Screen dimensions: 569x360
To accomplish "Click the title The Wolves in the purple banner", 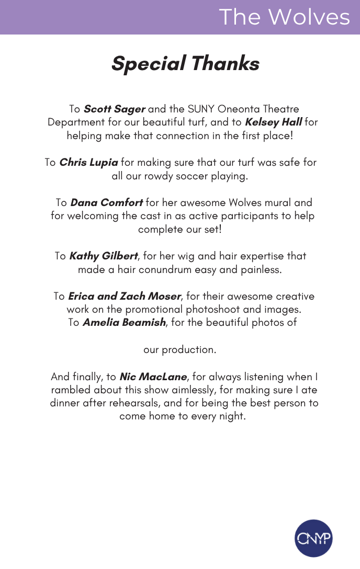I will click(284, 17).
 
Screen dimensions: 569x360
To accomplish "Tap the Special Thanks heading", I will click(185, 64).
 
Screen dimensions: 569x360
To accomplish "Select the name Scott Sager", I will click(114, 109).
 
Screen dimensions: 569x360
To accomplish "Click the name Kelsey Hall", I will click(273, 122).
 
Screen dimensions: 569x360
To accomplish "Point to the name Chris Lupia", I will click(88, 163).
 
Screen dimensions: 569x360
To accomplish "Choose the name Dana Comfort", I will click(106, 202).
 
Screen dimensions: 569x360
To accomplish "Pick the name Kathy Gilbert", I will click(104, 256).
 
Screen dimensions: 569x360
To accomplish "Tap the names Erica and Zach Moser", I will click(125, 297).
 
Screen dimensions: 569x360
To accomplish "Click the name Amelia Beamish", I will click(124, 323).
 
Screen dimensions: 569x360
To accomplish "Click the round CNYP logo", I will click(313, 538).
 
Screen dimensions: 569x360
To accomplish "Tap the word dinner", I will click(65, 404).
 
